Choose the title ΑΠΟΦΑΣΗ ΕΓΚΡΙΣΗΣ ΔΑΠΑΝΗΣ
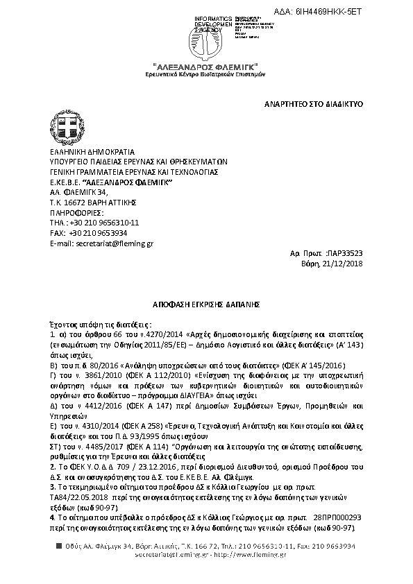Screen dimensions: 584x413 [206, 304]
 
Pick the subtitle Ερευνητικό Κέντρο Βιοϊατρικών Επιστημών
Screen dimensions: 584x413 [206, 73]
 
